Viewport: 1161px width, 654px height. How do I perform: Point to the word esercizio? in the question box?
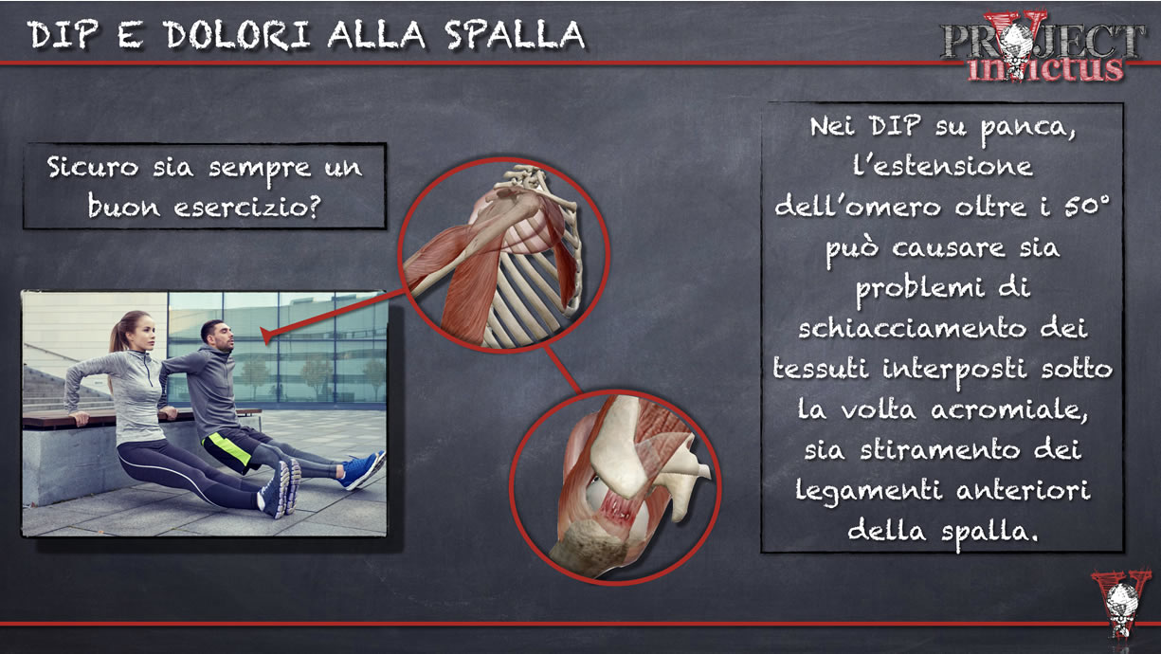[x=252, y=206]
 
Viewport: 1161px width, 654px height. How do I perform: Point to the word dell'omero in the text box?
[x=843, y=206]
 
